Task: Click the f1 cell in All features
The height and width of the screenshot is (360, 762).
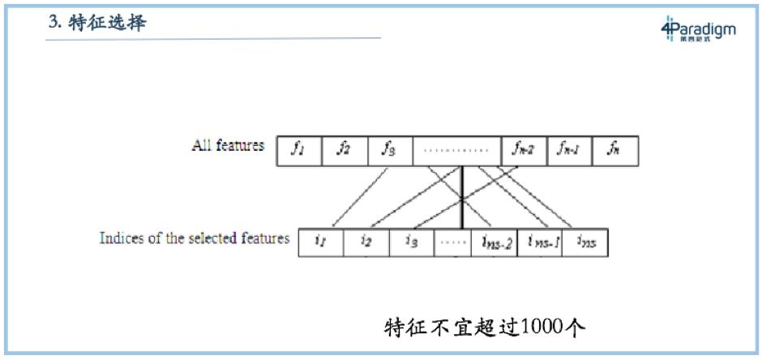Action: (x=299, y=151)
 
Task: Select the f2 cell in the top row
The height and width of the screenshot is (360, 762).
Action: (x=345, y=151)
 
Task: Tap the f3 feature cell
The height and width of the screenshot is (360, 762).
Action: (x=390, y=151)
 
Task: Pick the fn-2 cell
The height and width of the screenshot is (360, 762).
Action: (x=524, y=151)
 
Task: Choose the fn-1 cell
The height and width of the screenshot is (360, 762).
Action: (x=570, y=151)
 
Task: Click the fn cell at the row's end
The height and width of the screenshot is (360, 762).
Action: (x=615, y=151)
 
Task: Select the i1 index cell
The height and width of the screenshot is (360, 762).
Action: (x=321, y=242)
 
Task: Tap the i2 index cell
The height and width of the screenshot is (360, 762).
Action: (x=366, y=242)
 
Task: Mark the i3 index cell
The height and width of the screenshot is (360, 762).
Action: (x=411, y=242)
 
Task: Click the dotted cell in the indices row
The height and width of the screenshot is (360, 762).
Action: (x=452, y=242)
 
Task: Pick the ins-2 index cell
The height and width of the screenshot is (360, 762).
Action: (x=494, y=242)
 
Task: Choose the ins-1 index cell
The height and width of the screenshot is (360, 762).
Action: (x=539, y=242)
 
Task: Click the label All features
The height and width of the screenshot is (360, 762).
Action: (x=228, y=146)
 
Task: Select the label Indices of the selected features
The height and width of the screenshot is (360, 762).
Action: (x=195, y=238)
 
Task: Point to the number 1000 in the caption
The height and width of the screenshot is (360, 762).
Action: (x=543, y=328)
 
